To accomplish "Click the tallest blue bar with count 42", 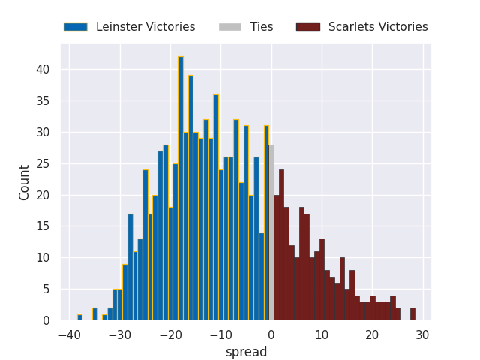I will (x=181, y=188).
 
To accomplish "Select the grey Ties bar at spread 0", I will (x=271, y=232).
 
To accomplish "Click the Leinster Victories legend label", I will (x=145, y=27).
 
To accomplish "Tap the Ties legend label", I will (x=262, y=27).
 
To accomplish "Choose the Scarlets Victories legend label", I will (x=378, y=27).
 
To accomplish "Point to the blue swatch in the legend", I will (x=76, y=27).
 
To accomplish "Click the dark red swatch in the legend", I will (x=307, y=27).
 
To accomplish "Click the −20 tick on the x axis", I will (x=170, y=335).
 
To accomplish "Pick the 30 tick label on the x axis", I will (x=423, y=335).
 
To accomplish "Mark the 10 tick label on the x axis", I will (x=322, y=335).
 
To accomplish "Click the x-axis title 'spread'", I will (x=246, y=352).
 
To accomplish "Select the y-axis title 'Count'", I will (x=25, y=182).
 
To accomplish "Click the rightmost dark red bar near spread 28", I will (x=412, y=314).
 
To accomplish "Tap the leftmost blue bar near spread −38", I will (x=79, y=317).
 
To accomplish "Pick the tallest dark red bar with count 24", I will (x=281, y=245).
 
